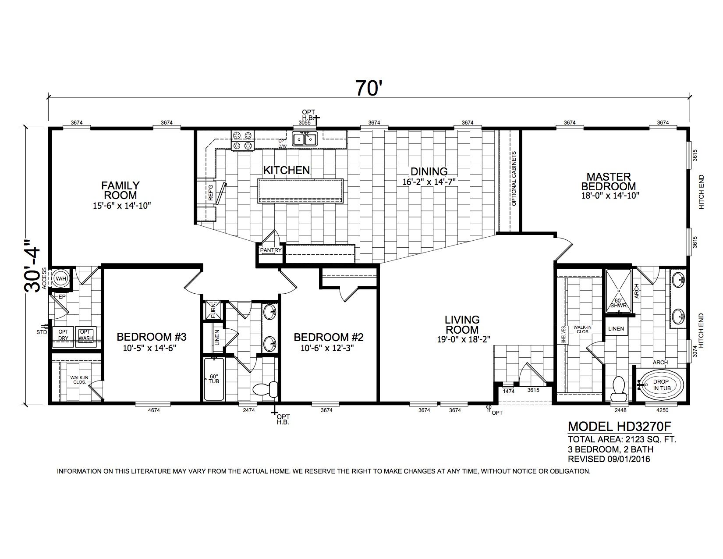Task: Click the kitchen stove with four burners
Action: point(243,140)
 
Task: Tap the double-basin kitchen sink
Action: point(305,139)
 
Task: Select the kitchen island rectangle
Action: point(300,191)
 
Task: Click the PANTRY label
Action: point(271,250)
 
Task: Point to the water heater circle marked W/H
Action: point(61,278)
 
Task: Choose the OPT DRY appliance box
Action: point(63,336)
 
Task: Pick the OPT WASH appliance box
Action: point(85,336)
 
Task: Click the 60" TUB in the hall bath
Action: point(214,379)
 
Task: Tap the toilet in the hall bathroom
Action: point(266,388)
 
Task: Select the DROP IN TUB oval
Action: point(662,385)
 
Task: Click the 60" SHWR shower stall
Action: point(619,291)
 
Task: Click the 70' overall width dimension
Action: point(367,88)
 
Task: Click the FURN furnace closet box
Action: point(213,310)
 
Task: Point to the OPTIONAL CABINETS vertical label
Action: point(514,178)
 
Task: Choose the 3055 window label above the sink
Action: point(305,122)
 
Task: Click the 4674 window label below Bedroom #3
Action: point(154,410)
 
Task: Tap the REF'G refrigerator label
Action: point(211,193)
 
